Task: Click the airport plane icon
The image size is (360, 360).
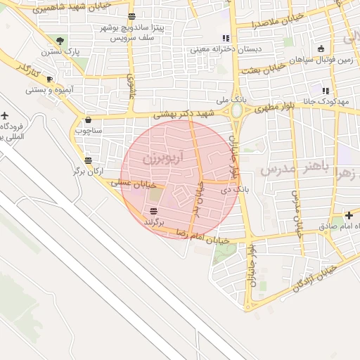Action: point(6,115)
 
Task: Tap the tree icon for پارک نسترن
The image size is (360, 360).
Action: point(60,40)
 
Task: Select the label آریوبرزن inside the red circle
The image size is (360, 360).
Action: point(162,158)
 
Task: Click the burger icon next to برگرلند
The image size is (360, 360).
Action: point(153,212)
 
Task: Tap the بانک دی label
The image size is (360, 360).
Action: point(236,189)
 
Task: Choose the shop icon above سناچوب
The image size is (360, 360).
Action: point(88,120)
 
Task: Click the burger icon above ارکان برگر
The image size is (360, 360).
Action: point(87,160)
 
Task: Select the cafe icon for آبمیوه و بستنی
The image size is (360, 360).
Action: point(49,79)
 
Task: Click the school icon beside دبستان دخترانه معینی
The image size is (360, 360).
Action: point(225,38)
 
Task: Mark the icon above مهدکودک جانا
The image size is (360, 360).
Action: point(326,91)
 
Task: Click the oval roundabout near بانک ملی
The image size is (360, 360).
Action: point(238,111)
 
